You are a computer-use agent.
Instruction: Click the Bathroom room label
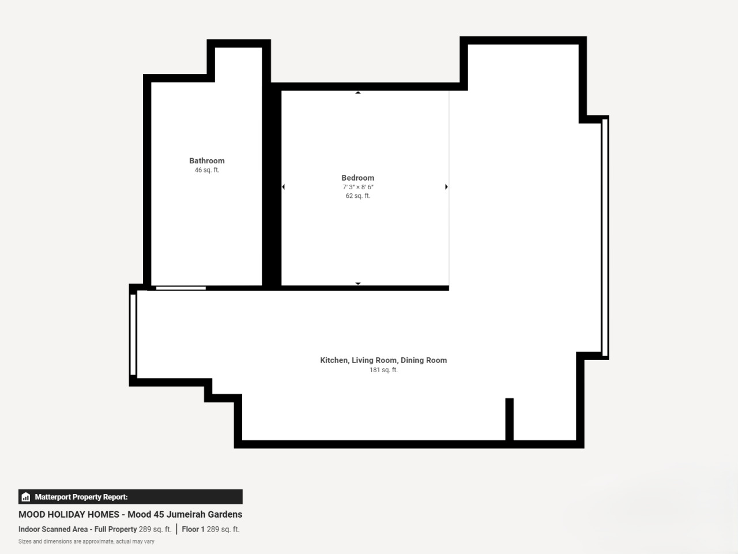click(x=207, y=161)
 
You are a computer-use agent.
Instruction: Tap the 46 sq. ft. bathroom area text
click(x=207, y=170)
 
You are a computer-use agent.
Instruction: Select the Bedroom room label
click(x=357, y=178)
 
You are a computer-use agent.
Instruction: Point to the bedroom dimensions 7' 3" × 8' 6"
click(x=357, y=187)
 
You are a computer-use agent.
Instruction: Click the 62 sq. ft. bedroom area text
click(x=357, y=196)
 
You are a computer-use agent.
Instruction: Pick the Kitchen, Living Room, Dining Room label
click(x=383, y=360)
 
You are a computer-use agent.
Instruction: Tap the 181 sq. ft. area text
click(x=383, y=370)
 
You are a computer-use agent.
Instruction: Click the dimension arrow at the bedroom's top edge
click(x=358, y=92)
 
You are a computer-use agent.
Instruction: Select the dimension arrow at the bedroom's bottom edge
click(x=358, y=283)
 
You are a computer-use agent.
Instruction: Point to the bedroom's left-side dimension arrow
click(x=284, y=186)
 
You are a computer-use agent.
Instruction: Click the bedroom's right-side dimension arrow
click(x=446, y=186)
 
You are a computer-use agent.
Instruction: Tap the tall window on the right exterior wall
click(x=605, y=238)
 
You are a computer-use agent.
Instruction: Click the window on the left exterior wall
click(x=133, y=335)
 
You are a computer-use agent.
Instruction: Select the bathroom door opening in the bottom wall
click(x=181, y=289)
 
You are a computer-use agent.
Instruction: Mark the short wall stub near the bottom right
click(x=509, y=419)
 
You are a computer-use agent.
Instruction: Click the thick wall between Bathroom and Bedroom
click(x=272, y=186)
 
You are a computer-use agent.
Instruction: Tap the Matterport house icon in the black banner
click(x=26, y=497)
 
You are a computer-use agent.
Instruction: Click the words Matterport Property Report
click(x=81, y=497)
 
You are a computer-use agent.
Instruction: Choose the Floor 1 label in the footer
click(x=193, y=529)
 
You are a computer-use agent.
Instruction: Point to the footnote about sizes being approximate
click(x=86, y=541)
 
